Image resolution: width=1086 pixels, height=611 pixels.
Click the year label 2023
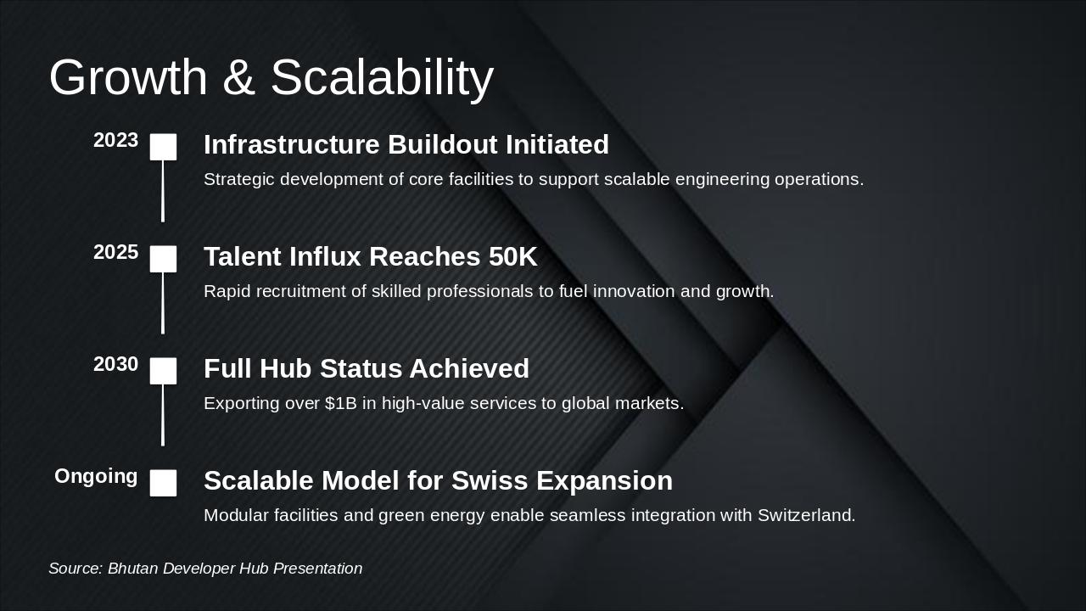(x=115, y=141)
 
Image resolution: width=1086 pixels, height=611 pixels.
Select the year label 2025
(x=115, y=253)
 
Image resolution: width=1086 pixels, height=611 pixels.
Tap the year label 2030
(x=115, y=365)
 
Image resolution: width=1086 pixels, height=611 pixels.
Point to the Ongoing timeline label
(x=96, y=477)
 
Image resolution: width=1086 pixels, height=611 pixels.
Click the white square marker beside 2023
(x=163, y=147)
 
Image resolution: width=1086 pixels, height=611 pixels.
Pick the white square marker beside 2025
(x=163, y=259)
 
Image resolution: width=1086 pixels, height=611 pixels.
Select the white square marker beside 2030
(x=163, y=371)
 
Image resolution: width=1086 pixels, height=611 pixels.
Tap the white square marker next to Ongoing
(x=163, y=483)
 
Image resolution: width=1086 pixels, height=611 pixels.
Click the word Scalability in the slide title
(x=382, y=78)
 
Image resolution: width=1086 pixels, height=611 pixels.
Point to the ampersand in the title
(x=239, y=78)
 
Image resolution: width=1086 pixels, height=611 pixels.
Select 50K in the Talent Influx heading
(x=512, y=257)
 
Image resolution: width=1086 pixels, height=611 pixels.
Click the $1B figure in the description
(x=340, y=404)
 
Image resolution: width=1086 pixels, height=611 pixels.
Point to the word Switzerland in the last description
(x=806, y=516)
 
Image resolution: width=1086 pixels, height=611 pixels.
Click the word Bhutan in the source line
(x=132, y=569)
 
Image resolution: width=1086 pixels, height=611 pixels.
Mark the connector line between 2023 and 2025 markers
(x=163, y=191)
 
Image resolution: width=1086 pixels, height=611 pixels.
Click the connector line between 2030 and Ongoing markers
(x=163, y=415)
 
